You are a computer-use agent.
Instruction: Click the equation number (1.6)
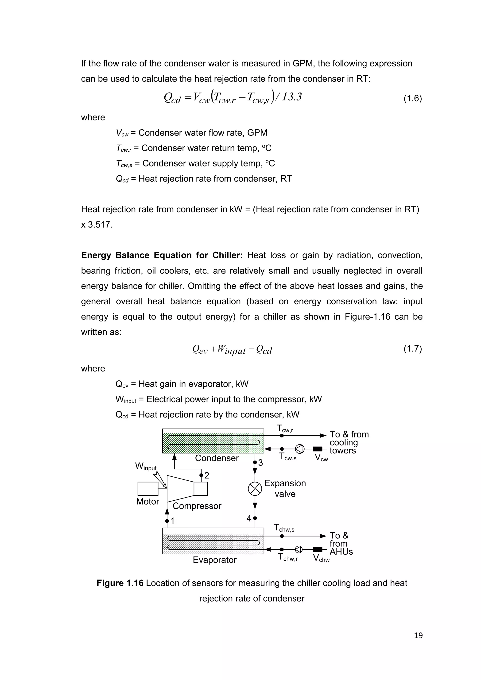412,98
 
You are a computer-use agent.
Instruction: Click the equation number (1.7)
412,349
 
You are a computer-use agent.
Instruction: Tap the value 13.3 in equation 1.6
291,97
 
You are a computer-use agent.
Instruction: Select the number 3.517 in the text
100,224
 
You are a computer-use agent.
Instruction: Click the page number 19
418,635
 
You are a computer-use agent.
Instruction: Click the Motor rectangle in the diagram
148,489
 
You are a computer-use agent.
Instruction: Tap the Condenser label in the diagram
217,458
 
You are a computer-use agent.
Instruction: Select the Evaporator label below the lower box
214,560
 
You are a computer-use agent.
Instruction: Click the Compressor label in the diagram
197,506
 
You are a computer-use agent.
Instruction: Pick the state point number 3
260,463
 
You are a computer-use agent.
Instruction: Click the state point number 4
249,518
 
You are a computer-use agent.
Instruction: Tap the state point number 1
172,521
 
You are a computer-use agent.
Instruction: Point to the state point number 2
207,475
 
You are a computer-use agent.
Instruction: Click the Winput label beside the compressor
146,467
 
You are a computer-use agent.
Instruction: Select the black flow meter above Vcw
318,449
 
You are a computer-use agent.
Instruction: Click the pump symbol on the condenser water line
299,449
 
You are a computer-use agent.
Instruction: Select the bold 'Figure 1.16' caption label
120,583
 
